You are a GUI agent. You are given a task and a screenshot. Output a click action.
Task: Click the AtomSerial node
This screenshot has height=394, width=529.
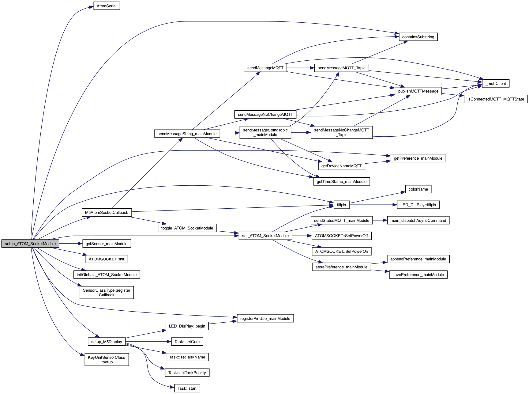[107, 6]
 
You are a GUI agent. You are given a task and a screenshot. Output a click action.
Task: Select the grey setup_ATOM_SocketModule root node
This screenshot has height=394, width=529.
[30, 244]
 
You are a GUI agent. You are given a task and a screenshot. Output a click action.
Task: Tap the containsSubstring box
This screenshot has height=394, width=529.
[418, 37]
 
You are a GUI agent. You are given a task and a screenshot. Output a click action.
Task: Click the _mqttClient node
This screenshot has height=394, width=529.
[496, 84]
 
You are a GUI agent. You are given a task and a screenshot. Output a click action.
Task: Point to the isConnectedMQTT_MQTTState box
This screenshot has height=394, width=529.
[496, 99]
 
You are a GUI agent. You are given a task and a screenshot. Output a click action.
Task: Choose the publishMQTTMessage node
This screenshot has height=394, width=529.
[418, 91]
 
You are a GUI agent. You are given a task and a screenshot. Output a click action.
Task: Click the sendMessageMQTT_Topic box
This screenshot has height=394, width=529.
[341, 68]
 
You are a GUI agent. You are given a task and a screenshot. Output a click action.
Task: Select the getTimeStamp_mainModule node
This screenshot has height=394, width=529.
[341, 182]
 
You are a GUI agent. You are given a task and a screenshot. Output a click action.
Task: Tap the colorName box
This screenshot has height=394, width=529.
[418, 189]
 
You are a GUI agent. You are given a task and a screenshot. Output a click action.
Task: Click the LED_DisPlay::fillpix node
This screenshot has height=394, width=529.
[418, 205]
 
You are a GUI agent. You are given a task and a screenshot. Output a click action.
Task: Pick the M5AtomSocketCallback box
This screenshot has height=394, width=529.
[107, 213]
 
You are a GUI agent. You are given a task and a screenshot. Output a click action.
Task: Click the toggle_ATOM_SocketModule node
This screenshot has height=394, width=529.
[187, 228]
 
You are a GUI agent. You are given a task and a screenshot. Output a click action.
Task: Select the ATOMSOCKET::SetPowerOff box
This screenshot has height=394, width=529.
[341, 236]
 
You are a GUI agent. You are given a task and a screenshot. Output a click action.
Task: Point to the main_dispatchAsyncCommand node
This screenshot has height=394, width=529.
[418, 221]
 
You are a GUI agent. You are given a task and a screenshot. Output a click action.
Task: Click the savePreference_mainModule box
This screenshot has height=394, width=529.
[418, 275]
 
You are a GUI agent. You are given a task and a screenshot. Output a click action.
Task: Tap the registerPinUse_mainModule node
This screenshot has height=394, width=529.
[265, 319]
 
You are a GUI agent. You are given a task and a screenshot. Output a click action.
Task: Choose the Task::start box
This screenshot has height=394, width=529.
[187, 388]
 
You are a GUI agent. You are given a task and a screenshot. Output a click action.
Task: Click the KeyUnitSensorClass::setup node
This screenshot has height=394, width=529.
[107, 360]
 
